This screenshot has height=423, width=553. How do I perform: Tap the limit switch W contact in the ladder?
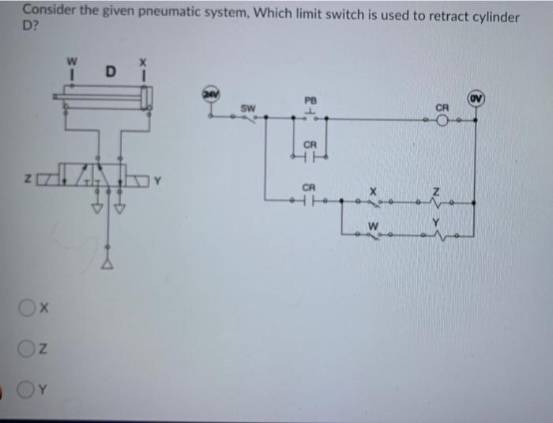click(x=374, y=234)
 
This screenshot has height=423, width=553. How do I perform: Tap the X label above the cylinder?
click(x=142, y=61)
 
